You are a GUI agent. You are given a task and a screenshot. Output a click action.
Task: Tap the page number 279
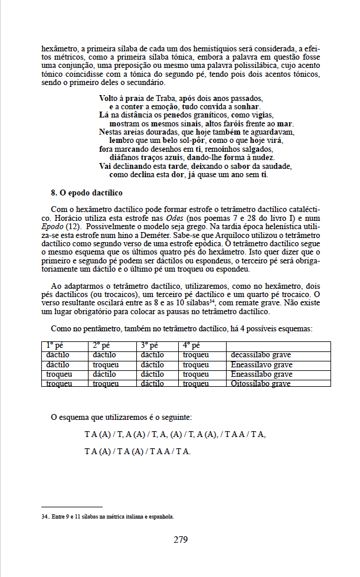(x=181, y=539)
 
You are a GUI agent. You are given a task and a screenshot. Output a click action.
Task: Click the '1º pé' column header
(x=55, y=346)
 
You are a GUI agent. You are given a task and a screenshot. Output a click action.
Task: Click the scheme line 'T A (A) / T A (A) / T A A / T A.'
(x=138, y=452)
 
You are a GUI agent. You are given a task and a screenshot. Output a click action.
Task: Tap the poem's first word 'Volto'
(x=110, y=97)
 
